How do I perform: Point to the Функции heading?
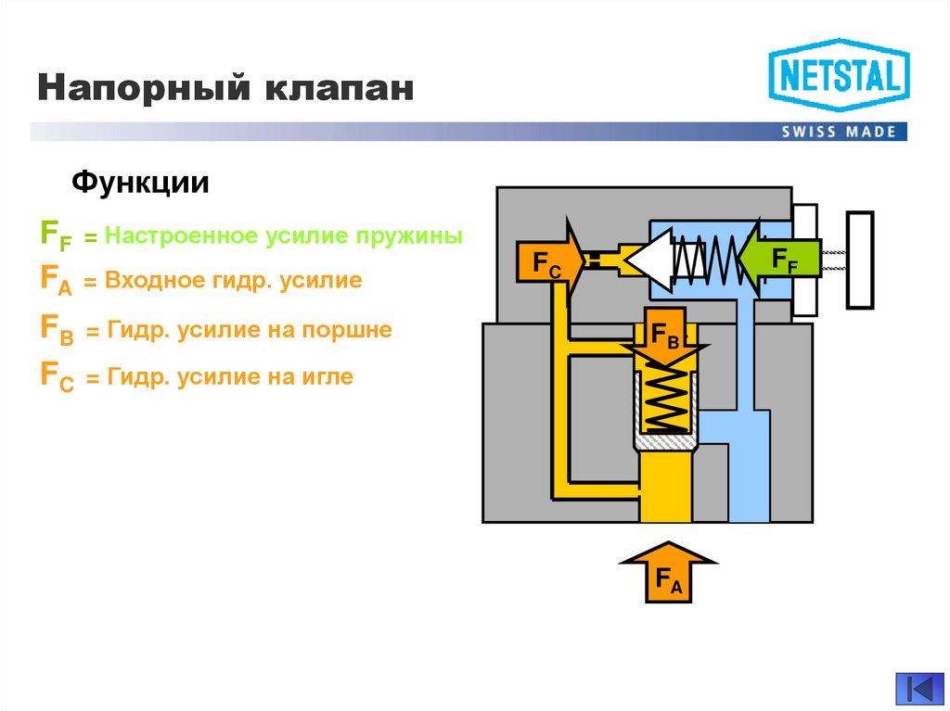[x=141, y=182]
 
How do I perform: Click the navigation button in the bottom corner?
[x=918, y=687]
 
